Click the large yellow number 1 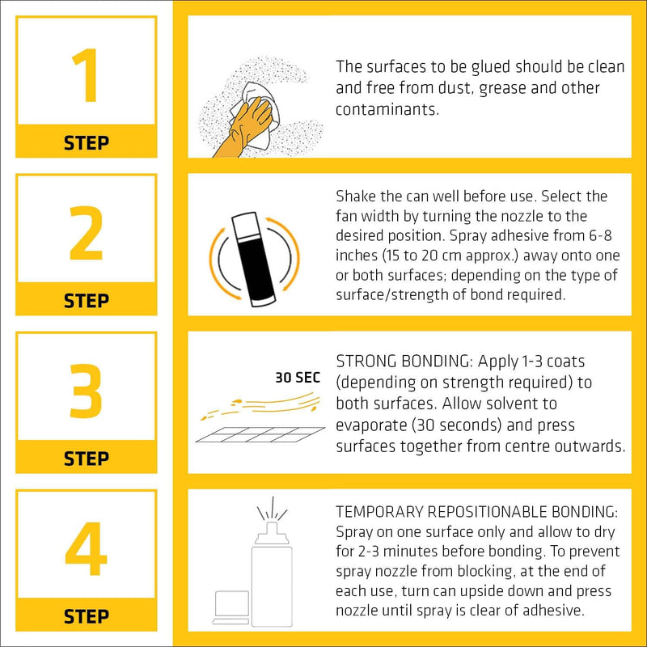point(86,75)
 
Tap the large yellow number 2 point(86,233)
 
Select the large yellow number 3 point(86,391)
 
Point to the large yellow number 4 point(86,548)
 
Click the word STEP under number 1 point(87,143)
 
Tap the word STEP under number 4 point(87,616)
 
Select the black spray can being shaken point(253,259)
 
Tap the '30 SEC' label point(298,378)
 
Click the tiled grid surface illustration point(260,434)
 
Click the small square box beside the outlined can point(232,604)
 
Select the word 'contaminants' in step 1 point(387,109)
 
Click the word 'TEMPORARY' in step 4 point(379,512)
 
